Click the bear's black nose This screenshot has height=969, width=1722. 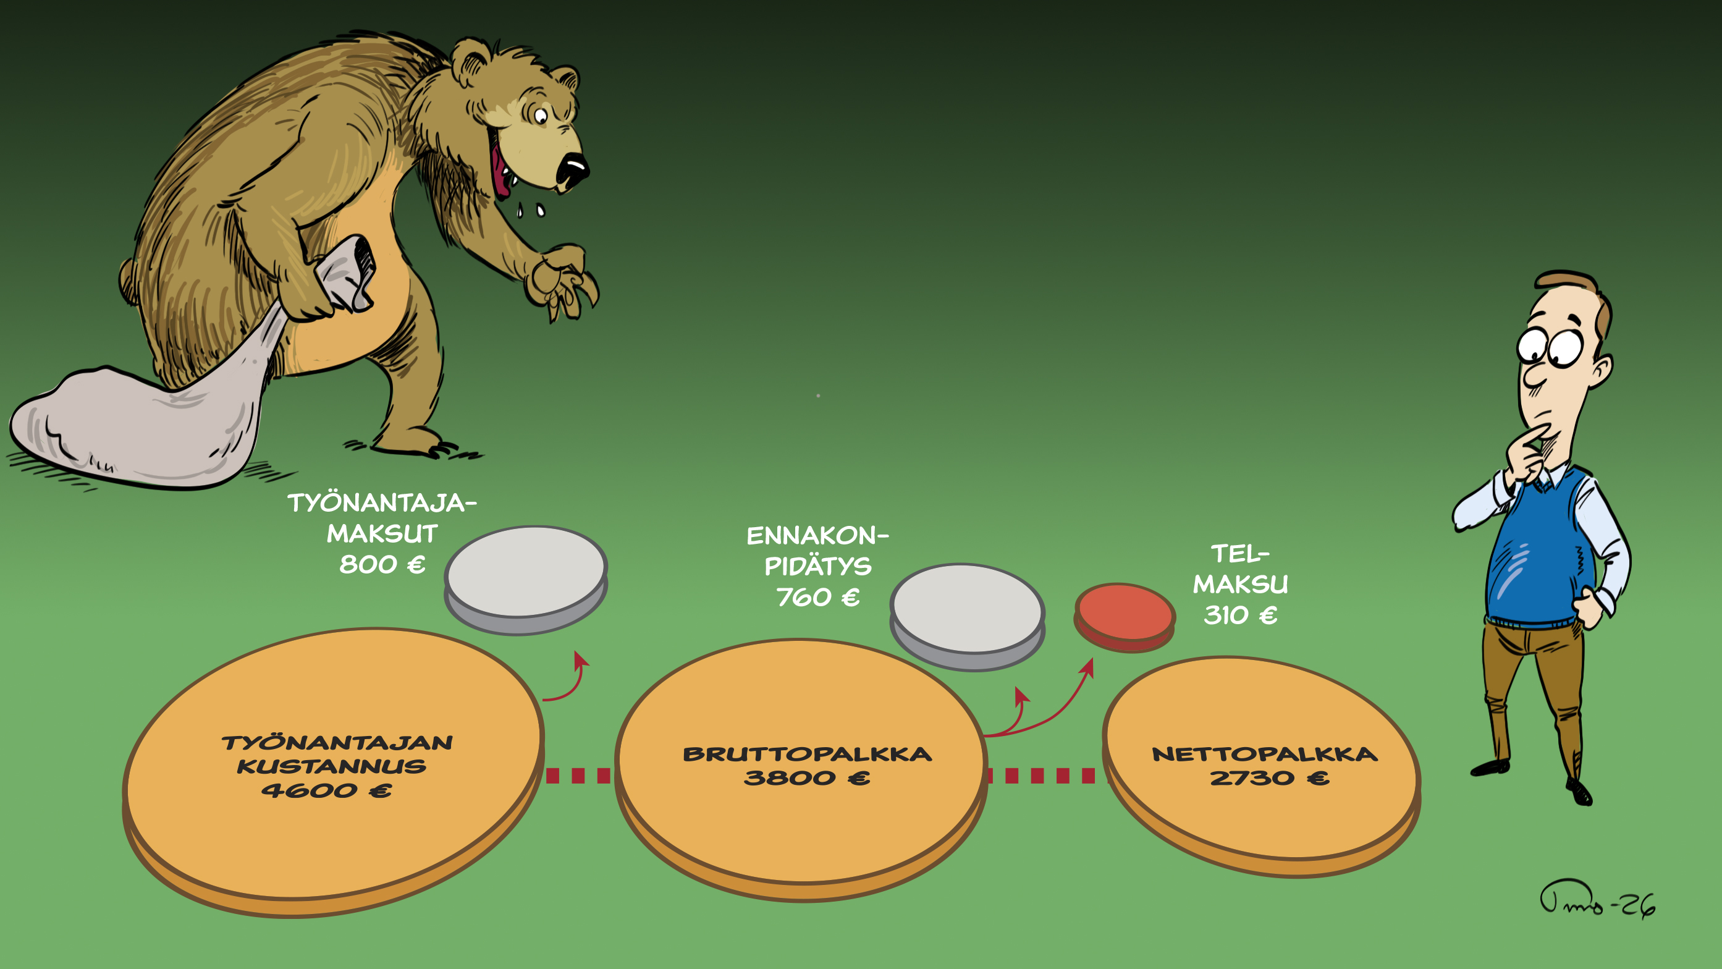pos(572,170)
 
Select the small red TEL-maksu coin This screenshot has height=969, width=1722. pos(1125,617)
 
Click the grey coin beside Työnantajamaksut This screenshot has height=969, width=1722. pos(526,579)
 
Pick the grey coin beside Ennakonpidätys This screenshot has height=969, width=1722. pos(968,616)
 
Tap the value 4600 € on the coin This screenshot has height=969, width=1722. pos(326,790)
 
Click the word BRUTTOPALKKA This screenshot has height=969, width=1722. pos(807,755)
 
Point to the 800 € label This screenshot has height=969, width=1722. pos(382,564)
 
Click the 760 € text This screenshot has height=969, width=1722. pos(817,596)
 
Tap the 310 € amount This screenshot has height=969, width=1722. pos(1241,614)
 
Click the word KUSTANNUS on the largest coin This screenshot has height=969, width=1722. pos(332,766)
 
